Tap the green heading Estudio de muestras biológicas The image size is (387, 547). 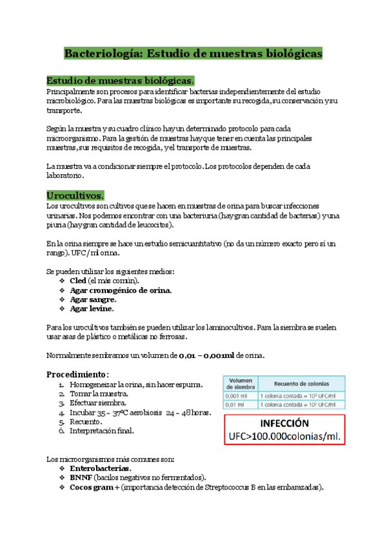(x=119, y=81)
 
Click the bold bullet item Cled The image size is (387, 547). (x=78, y=281)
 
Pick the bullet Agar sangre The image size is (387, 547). (x=93, y=299)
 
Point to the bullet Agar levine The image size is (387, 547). (x=92, y=308)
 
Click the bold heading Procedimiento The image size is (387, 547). (x=75, y=374)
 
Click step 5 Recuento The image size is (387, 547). (x=88, y=421)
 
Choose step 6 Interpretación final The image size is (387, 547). (x=106, y=430)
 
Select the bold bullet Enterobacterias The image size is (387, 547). (x=100, y=468)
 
